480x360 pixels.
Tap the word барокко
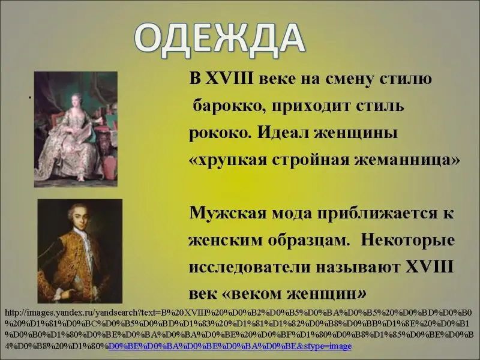coord(229,106)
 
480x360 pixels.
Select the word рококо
coord(219,133)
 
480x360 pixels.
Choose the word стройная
coord(310,160)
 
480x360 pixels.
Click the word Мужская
coord(228,213)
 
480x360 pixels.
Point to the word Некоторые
coord(408,240)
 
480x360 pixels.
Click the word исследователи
coord(249,267)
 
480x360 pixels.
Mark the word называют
coord(358,267)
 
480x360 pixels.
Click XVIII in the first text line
coord(230,79)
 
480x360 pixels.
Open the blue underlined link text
coord(230,347)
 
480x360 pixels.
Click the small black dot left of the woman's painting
coord(30,98)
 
